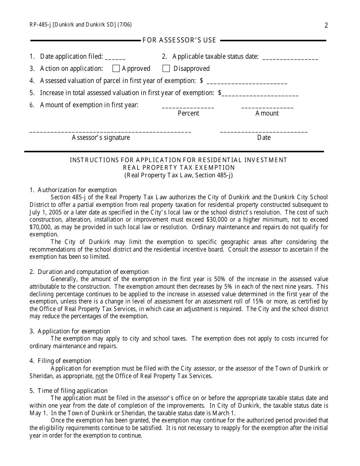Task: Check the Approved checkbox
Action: point(116,69)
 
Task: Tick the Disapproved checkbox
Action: point(166,69)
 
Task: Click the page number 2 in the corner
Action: point(326,25)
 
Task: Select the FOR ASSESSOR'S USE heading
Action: point(179,40)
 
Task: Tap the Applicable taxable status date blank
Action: point(290,58)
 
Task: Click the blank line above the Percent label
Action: point(188,107)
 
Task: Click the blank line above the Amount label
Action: point(267,107)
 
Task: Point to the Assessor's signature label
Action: point(101,138)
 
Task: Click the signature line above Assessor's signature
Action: point(110,131)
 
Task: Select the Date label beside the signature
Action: point(264,138)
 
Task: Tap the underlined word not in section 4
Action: point(99,376)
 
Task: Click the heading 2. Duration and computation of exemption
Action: point(89,272)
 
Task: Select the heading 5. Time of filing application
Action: point(69,391)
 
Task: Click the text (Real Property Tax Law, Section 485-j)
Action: point(179,175)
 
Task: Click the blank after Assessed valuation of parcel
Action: point(247,82)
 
